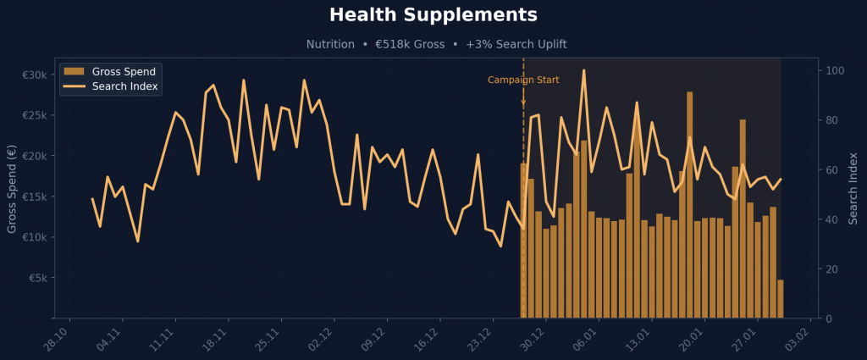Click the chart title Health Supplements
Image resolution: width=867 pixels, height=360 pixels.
[433, 15]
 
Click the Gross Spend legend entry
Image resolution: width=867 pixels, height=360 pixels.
[124, 71]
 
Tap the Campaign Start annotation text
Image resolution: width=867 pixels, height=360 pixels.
[523, 80]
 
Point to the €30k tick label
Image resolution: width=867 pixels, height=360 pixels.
[35, 75]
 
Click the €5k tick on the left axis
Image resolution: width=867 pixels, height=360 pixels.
[37, 278]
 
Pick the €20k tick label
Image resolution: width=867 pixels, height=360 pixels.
[35, 156]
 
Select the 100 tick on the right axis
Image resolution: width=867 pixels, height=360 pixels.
[834, 70]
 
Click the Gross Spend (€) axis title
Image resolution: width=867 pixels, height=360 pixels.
[12, 188]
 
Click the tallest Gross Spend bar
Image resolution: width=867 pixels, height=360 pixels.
[690, 203]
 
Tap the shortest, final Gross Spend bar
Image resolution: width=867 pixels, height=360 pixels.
[780, 299]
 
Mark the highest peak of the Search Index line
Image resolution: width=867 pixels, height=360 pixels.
[583, 70]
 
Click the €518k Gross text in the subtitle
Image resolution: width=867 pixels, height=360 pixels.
[410, 44]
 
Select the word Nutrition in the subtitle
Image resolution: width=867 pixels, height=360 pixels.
[330, 44]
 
